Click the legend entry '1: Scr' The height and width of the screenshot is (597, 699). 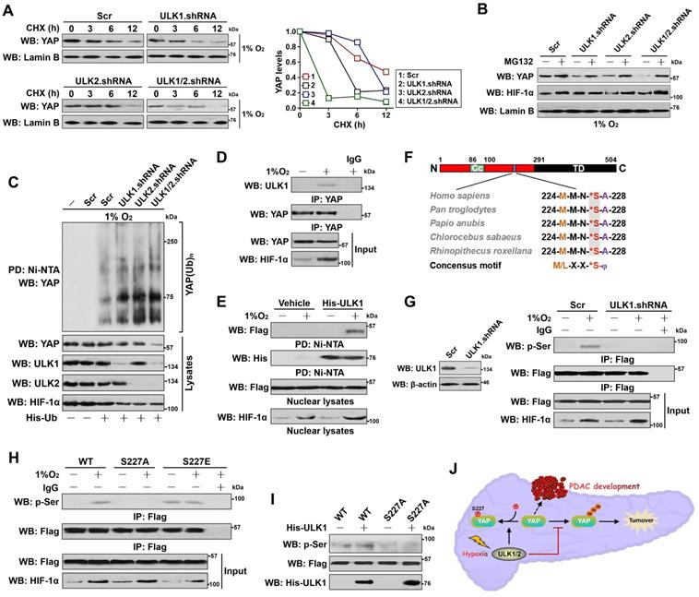(x=412, y=72)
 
